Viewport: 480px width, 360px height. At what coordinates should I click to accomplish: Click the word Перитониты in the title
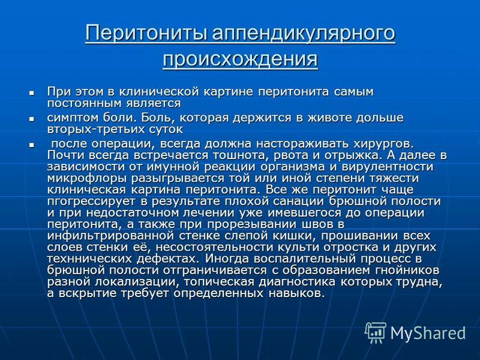(x=146, y=33)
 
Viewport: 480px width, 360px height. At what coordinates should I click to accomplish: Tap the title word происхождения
(x=241, y=59)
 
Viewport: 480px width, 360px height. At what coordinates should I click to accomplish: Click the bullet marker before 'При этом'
(x=31, y=92)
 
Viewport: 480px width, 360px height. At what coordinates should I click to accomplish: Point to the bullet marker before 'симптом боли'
(x=31, y=118)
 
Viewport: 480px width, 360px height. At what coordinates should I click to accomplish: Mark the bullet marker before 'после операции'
(x=31, y=145)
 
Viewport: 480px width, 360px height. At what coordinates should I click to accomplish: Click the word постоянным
(x=84, y=103)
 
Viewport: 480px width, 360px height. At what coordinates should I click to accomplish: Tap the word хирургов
(x=383, y=144)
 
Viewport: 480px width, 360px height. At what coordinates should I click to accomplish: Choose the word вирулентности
(x=387, y=167)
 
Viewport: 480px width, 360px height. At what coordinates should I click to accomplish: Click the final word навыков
(x=296, y=293)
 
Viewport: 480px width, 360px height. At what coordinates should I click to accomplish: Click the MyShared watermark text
(x=428, y=334)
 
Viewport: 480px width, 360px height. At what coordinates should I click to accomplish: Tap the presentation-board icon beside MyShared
(x=375, y=333)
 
